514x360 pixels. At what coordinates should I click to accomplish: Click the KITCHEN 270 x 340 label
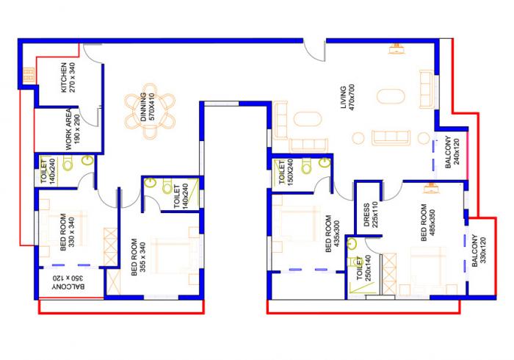pyautogui.click(x=68, y=77)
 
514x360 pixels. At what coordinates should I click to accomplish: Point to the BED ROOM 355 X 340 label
pyautogui.click(x=138, y=256)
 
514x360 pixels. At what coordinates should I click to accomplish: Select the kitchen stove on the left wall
pyautogui.click(x=29, y=75)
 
